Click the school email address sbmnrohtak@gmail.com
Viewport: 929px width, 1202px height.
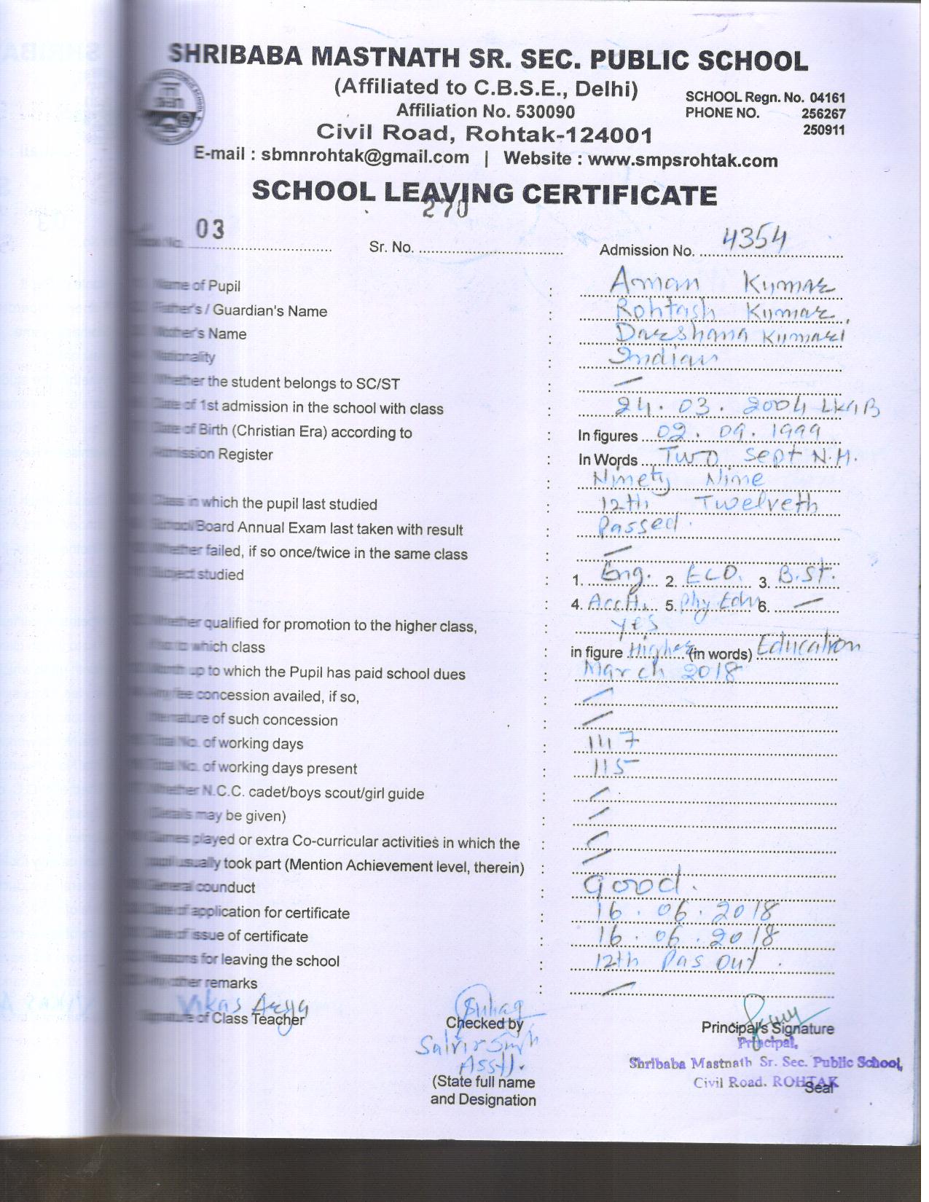coord(365,157)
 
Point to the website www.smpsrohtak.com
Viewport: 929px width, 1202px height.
coord(682,160)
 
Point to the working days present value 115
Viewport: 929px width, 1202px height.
coord(616,768)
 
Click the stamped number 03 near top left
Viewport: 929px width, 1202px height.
coord(209,229)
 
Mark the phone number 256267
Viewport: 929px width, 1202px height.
coord(823,114)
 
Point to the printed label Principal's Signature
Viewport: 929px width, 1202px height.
coord(767,1029)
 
